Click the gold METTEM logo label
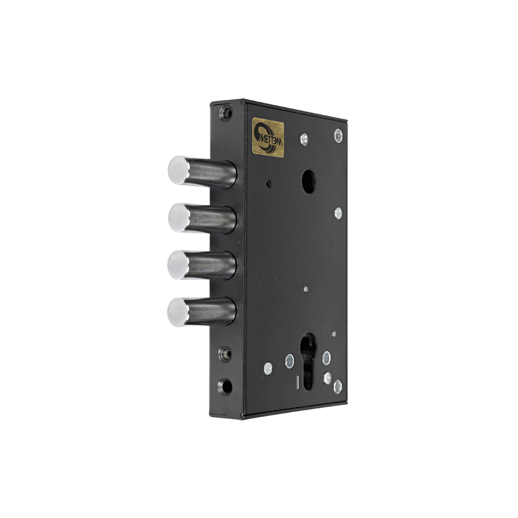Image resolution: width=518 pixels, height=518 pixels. pos(268,137)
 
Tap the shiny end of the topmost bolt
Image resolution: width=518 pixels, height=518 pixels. pos(179,170)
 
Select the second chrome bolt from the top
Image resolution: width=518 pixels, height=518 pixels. pos(202,219)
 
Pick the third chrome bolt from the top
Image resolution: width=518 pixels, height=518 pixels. pos(202,265)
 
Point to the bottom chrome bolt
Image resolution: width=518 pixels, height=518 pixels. pos(202,311)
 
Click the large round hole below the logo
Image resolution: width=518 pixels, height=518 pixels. pos(308,181)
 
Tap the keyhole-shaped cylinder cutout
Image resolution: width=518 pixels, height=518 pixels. pos(308,361)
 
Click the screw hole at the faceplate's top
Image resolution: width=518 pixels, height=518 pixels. pos(226,113)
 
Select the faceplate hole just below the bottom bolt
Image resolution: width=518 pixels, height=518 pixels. pos(225,354)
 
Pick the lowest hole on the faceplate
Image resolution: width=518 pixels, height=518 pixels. pos(225,386)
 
